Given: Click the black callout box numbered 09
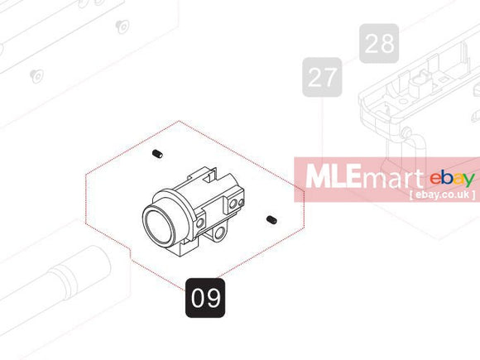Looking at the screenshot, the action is (x=205, y=298).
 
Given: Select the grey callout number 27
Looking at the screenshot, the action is (x=322, y=77).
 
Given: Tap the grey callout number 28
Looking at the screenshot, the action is (x=379, y=44).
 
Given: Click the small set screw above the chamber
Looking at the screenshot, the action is (x=157, y=154).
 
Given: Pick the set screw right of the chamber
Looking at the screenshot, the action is (x=271, y=219).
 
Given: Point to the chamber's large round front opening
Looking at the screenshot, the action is (x=159, y=225).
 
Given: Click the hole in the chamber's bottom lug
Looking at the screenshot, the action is (x=219, y=234).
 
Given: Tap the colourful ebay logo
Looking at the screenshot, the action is (x=452, y=179).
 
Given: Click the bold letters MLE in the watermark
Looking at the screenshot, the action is (x=333, y=176).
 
